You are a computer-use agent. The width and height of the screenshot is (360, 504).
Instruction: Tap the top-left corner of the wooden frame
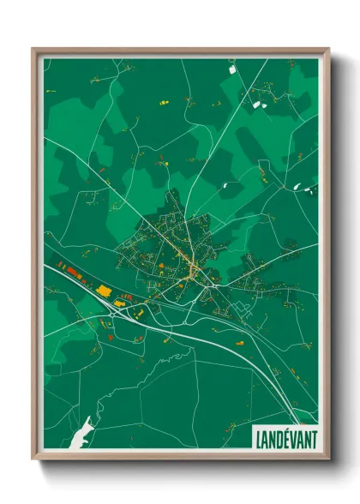tap(33, 50)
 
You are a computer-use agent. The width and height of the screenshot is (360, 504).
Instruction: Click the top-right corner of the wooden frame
tap(327, 50)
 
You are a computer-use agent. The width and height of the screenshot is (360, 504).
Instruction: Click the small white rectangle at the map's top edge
tap(232, 63)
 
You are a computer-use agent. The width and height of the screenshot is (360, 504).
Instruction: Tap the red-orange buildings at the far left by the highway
tap(64, 268)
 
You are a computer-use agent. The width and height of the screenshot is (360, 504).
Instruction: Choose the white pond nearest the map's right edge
tap(297, 187)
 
